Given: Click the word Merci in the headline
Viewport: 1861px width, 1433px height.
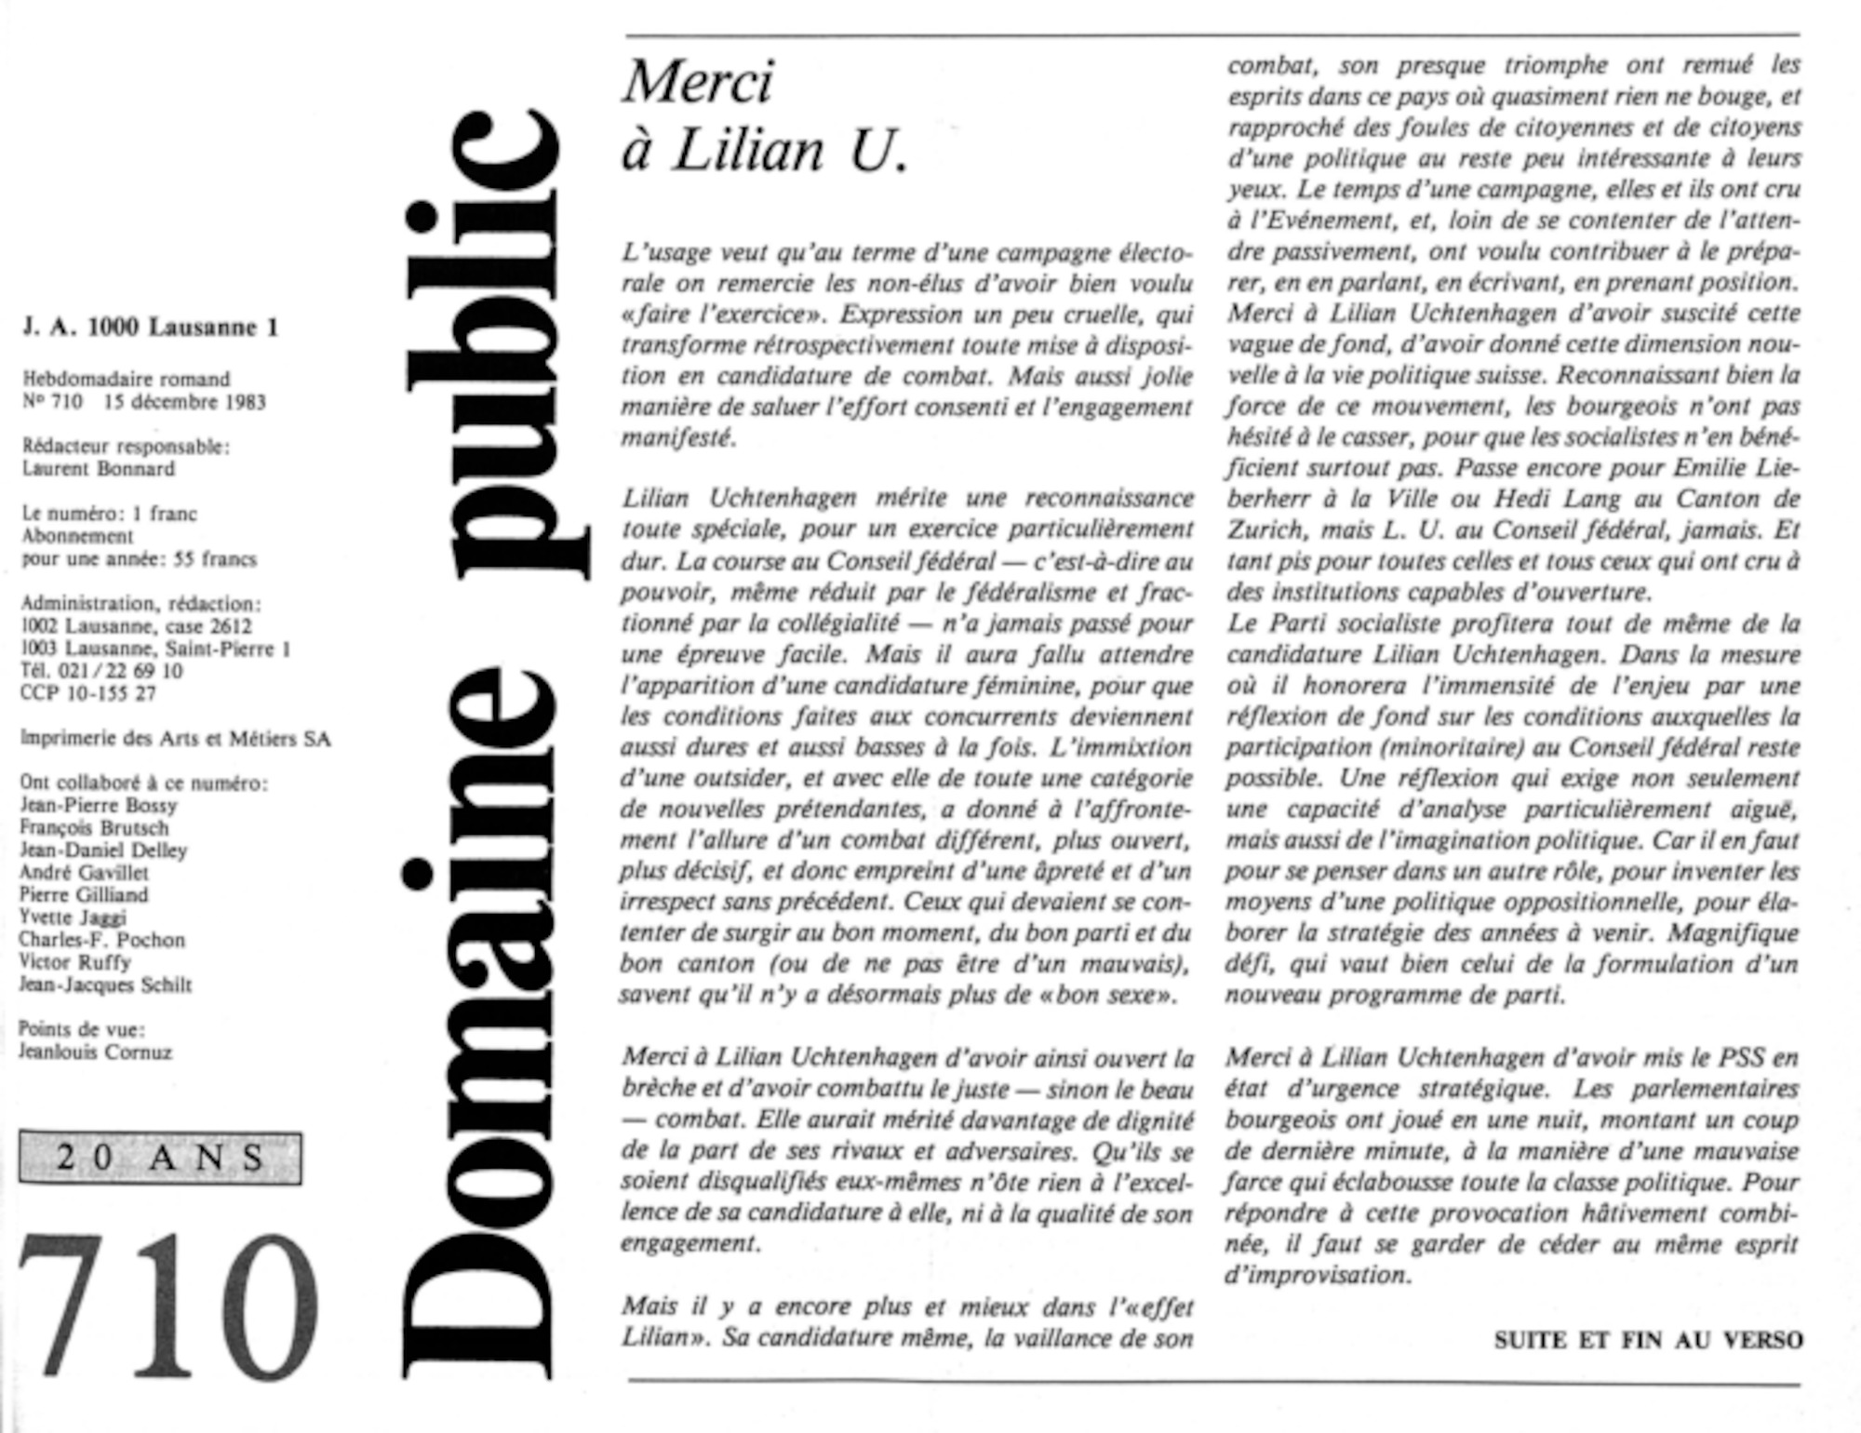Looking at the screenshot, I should (x=698, y=82).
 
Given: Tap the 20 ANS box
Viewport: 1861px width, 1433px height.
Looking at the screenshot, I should (x=160, y=1158).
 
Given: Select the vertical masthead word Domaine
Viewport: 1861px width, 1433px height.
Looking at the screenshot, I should (x=484, y=1033).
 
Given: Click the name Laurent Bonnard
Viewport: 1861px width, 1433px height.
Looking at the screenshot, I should (x=99, y=469).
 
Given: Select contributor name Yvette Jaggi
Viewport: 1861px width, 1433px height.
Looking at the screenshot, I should (x=73, y=917).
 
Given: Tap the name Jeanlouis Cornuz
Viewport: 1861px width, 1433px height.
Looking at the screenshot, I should (x=95, y=1052).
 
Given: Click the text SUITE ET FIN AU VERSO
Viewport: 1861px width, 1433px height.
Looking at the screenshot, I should (x=1648, y=1340).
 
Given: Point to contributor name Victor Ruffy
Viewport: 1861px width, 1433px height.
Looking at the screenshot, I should (x=74, y=962).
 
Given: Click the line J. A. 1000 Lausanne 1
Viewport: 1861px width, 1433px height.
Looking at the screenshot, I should (x=150, y=328).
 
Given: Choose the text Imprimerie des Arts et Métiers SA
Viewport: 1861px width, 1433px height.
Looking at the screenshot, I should (x=175, y=739).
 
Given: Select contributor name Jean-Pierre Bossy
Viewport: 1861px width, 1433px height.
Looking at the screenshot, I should (x=99, y=806).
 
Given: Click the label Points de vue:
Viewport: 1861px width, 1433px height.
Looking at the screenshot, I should (x=82, y=1029).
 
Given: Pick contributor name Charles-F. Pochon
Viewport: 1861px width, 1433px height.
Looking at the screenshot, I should (x=102, y=940).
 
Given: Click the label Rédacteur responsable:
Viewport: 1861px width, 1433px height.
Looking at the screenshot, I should (x=126, y=447).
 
